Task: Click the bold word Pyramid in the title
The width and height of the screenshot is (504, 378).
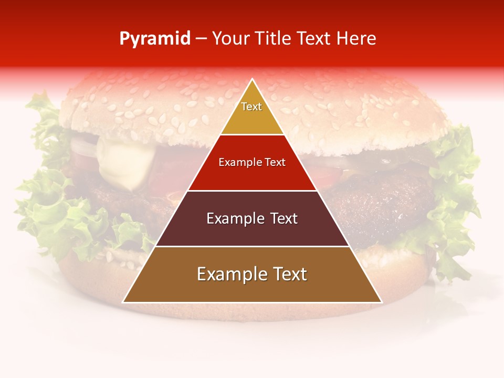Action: (155, 39)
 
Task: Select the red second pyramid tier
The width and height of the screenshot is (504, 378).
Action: (252, 173)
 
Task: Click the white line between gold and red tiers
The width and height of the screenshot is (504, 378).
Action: (252, 134)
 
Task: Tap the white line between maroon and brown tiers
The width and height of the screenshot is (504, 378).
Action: (252, 246)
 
